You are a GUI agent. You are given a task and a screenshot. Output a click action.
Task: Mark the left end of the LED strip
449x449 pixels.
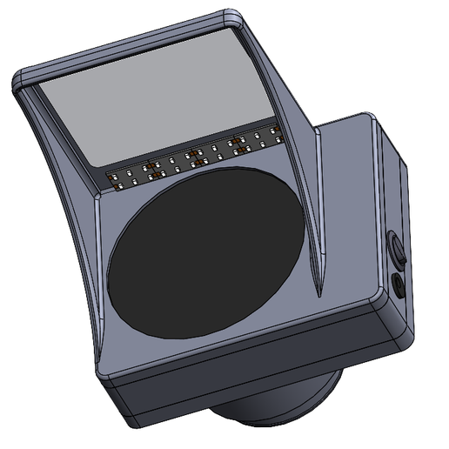coord(111,179)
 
